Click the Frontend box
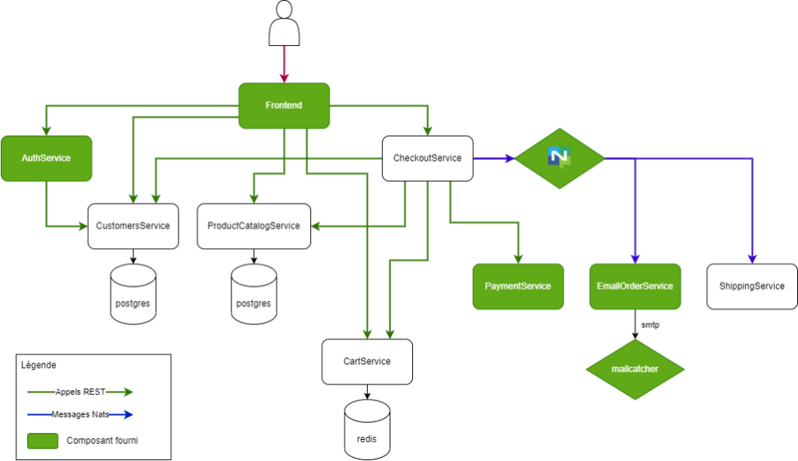point(284,105)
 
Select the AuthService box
point(46,158)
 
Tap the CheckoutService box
point(427,158)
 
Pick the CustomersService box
point(132,226)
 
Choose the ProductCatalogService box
point(253,226)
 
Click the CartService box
point(367,362)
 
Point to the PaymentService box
point(517,286)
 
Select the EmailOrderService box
point(634,286)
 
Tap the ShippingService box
point(751,286)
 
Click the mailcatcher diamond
point(634,369)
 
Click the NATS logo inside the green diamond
point(560,158)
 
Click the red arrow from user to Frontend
point(284,64)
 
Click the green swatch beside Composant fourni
point(43,441)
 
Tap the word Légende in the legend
point(38,365)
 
